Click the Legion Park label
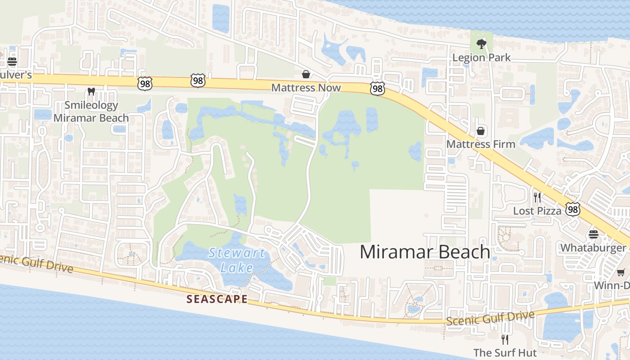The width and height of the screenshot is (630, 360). (x=481, y=58)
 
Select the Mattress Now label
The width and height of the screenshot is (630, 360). (x=306, y=88)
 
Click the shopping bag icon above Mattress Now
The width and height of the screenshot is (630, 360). (x=306, y=74)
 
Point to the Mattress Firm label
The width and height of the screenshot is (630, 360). (x=481, y=144)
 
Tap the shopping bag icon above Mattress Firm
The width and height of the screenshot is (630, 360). (x=481, y=131)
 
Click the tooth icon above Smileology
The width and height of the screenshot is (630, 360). (x=91, y=91)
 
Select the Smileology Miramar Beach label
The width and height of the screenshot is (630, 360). (x=91, y=112)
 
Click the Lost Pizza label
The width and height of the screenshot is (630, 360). (x=537, y=211)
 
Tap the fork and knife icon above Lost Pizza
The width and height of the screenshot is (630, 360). (x=537, y=197)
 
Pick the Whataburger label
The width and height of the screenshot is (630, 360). (x=593, y=248)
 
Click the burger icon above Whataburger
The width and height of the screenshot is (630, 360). (x=593, y=234)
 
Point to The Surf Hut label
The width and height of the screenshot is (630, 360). (x=505, y=352)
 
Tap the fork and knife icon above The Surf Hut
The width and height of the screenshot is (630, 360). (x=505, y=339)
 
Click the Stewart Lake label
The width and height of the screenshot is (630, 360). (x=237, y=260)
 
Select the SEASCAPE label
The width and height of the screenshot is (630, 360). (x=217, y=299)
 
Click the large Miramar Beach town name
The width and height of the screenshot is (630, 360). (x=425, y=252)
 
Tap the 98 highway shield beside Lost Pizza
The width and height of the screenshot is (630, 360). (x=573, y=209)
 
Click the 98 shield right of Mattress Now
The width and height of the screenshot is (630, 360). (x=378, y=89)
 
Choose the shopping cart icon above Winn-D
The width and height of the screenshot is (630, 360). (x=621, y=272)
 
